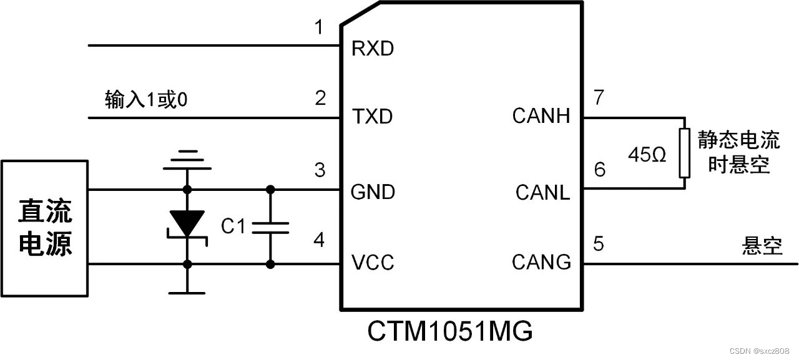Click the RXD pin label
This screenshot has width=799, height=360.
[x=373, y=49]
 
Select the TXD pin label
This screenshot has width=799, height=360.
[x=373, y=116]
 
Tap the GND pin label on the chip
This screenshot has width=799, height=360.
[x=373, y=192]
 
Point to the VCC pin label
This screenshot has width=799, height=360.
[x=373, y=262]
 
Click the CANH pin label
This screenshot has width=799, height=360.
[x=541, y=116]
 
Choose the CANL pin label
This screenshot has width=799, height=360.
[x=542, y=193]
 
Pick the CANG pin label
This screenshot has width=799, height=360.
[x=541, y=262]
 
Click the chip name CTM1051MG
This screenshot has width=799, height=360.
[x=450, y=331]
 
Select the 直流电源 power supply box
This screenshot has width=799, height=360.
[x=45, y=228]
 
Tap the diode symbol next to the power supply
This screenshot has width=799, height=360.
[x=187, y=223]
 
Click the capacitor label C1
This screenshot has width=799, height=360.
[x=233, y=226]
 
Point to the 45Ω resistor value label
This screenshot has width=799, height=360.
[x=647, y=154]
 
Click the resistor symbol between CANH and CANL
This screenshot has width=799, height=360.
[x=684, y=153]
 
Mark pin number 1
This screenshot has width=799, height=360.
[x=320, y=28]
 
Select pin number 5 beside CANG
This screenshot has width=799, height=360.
[x=599, y=244]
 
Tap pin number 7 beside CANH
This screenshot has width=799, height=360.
[x=599, y=98]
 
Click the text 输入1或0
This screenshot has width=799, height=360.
[x=147, y=100]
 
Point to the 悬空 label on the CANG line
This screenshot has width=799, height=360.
[x=762, y=245]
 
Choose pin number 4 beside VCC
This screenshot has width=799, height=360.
[x=320, y=240]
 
